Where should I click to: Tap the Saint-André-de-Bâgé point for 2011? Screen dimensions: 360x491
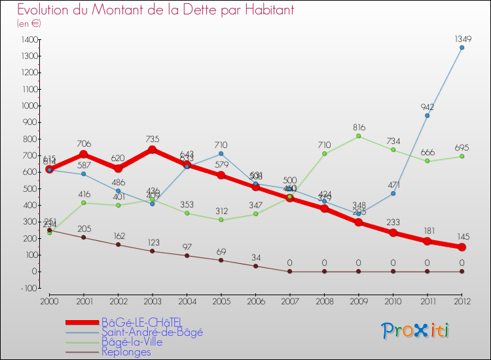coord(427,115)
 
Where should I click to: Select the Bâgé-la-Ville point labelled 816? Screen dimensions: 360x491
coord(358,135)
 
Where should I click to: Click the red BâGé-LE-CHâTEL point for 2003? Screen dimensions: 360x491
coord(153,149)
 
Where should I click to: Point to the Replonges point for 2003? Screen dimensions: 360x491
coord(153,251)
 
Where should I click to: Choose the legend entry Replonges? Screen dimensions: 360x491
coord(126,352)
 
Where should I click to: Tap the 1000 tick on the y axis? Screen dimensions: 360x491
coord(28,106)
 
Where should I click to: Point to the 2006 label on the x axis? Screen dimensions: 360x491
coord(255,301)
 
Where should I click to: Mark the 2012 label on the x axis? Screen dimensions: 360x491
coord(462,301)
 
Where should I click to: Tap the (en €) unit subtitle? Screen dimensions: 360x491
coord(29,24)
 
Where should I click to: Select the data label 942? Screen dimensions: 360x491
coord(427,107)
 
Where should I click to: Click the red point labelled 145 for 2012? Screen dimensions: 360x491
coord(462,247)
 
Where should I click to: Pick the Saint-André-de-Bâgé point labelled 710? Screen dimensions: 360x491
coord(221,154)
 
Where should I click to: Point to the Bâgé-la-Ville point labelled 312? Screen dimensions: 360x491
coord(221,219)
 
